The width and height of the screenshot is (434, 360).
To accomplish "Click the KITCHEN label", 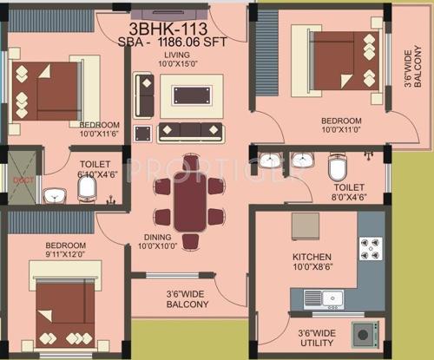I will pos(312,258).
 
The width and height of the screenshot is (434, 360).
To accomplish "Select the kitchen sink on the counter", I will pos(332,298).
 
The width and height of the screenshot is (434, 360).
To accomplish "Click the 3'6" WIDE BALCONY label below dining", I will pos(187,299).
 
